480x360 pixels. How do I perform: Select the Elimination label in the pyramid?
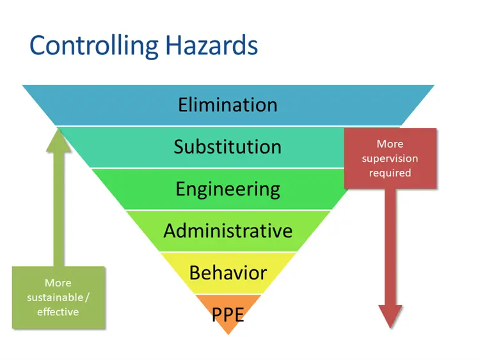pos(228,105)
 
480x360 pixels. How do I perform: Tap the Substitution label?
pos(228,146)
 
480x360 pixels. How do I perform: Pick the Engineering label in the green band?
pos(228,189)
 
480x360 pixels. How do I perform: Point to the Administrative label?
pos(228,230)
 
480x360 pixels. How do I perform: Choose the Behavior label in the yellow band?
pos(228,272)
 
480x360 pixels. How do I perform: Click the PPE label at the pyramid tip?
pos(228,315)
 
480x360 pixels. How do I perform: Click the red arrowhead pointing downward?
pos(390,315)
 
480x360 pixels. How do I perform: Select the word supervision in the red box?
pos(390,159)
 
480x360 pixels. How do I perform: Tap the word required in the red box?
pos(390,173)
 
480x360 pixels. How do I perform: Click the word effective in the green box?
pos(58,312)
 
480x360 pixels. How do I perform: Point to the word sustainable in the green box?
pos(55,297)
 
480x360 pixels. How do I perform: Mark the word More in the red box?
pos(390,145)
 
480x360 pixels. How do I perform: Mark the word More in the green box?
pos(58,283)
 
